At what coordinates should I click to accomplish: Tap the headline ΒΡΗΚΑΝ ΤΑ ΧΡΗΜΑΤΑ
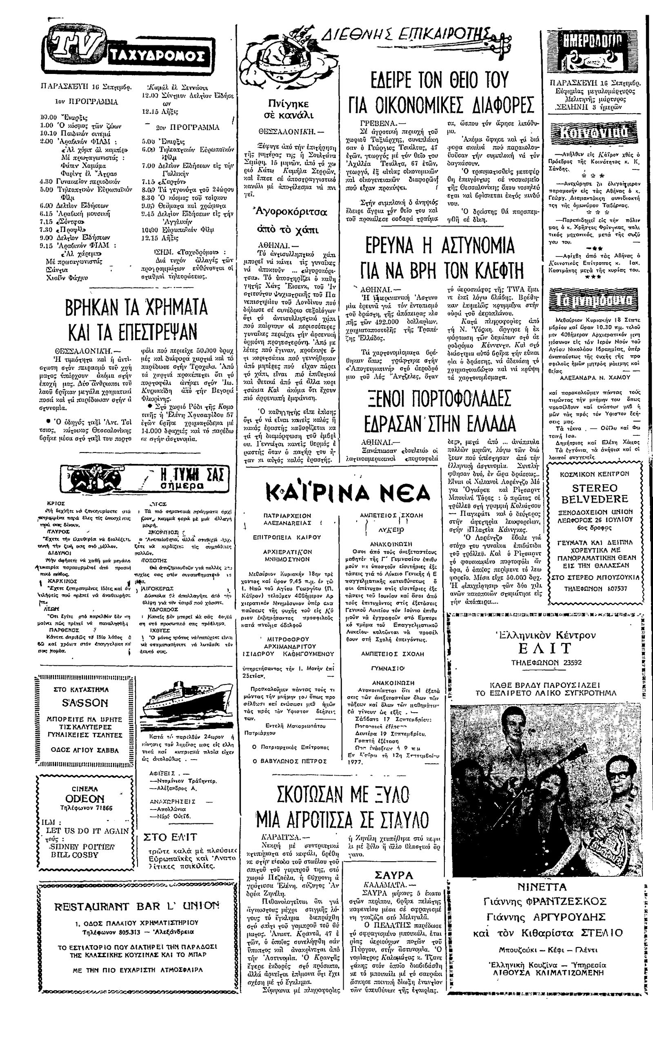point(136,308)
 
